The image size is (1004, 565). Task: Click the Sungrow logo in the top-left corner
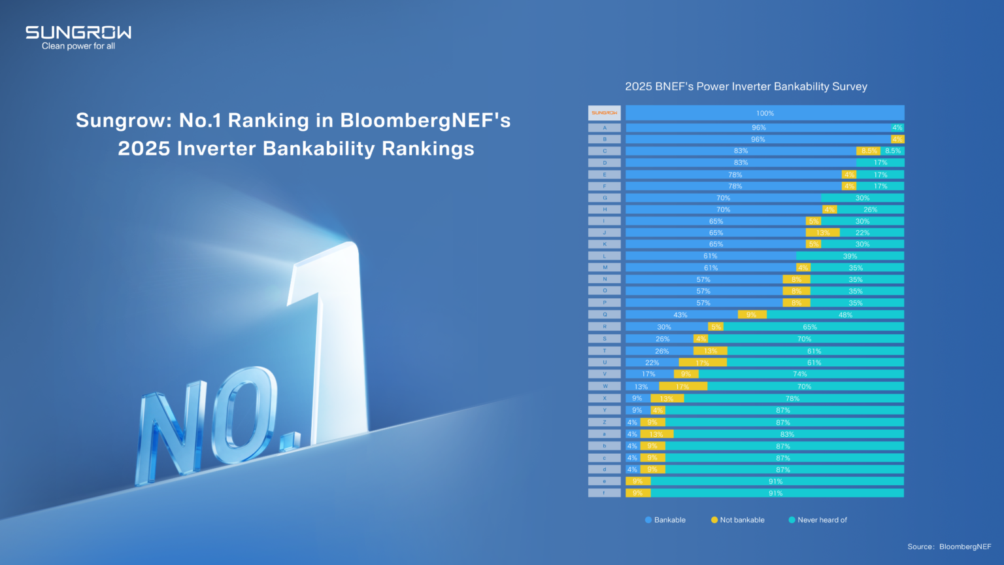78,33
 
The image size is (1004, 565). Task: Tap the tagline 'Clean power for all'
78,46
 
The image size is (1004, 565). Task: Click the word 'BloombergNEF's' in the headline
425,120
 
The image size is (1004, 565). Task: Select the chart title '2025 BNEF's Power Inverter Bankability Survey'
746,86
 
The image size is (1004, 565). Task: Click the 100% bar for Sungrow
765,113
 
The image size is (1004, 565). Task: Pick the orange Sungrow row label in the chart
604,113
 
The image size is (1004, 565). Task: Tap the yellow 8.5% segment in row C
869,151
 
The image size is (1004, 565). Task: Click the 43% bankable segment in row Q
680,315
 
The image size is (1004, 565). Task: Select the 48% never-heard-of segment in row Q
845,315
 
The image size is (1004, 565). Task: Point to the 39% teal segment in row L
850,256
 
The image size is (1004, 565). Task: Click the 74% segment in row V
800,374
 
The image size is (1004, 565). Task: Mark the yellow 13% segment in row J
822,233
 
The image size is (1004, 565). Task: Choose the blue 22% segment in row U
652,362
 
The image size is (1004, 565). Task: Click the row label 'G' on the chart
605,197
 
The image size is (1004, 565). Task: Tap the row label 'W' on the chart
605,386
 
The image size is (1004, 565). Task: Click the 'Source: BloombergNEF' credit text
949,547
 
